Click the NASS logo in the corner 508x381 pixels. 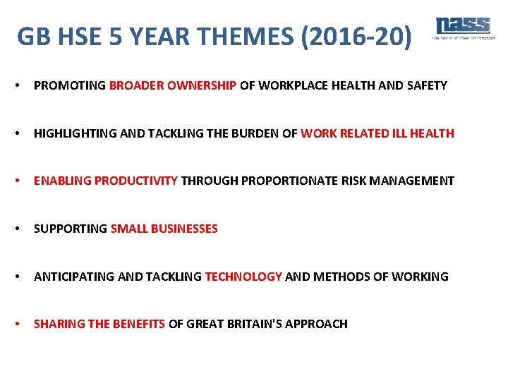463,28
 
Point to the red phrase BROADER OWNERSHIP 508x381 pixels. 173,85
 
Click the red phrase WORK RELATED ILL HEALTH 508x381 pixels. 377,133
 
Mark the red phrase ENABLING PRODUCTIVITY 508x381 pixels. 106,181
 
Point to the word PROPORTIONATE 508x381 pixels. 289,181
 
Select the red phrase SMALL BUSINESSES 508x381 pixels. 164,229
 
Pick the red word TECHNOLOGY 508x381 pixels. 243,277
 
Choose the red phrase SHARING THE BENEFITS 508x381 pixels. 99,324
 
